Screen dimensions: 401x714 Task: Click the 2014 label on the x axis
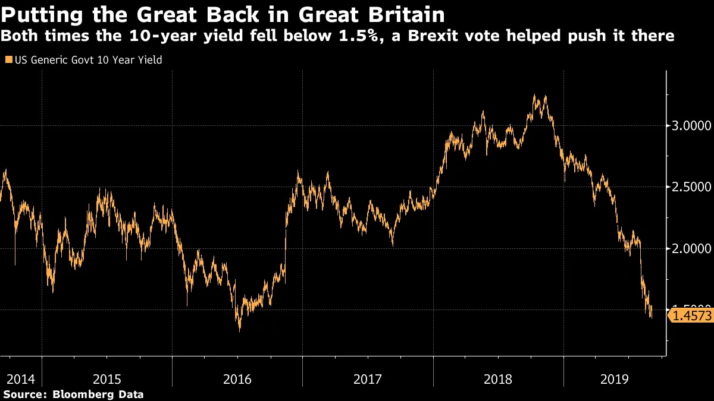click(20, 379)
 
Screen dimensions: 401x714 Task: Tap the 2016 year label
click(237, 379)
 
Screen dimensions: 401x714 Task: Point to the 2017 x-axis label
click(367, 379)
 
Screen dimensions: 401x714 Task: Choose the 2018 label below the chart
click(498, 379)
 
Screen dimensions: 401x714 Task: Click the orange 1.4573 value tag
click(691, 315)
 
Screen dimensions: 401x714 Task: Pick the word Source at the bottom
click(24, 394)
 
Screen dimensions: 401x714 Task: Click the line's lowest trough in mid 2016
click(240, 330)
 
